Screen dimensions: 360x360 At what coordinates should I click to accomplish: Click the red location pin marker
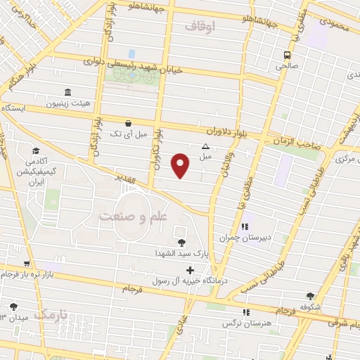pyautogui.click(x=181, y=165)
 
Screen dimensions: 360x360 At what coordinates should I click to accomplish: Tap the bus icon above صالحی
pyautogui.click(x=288, y=55)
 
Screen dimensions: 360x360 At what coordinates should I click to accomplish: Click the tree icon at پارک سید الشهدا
pyautogui.click(x=182, y=243)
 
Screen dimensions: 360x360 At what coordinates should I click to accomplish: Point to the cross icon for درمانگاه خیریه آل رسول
pyautogui.click(x=190, y=271)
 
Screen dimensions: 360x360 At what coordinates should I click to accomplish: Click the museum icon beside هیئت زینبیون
pyautogui.click(x=67, y=93)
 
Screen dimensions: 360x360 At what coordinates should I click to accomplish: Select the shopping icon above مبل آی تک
pyautogui.click(x=127, y=122)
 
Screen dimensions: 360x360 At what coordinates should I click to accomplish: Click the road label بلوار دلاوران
pyautogui.click(x=209, y=131)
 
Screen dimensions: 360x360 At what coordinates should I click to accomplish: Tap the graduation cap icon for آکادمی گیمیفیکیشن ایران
pyautogui.click(x=34, y=150)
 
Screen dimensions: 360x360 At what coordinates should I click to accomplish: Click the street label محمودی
pyautogui.click(x=333, y=22)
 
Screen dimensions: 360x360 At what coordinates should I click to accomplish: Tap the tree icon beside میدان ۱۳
pyautogui.click(x=13, y=307)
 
